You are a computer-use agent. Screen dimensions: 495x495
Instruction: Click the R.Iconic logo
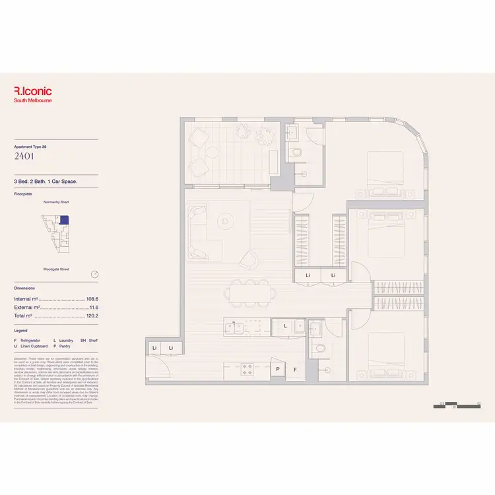pos(33,92)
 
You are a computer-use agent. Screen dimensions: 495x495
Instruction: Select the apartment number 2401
pos(24,156)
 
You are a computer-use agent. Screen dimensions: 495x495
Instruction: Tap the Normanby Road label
pos(55,202)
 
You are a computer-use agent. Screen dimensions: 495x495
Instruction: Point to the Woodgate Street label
pos(57,269)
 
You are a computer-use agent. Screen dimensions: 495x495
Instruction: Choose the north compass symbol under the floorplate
pos(95,274)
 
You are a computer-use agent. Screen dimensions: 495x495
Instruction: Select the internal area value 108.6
pos(92,299)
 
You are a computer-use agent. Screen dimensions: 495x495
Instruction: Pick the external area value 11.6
pos(93,308)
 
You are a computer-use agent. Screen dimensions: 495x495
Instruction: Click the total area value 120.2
pos(92,316)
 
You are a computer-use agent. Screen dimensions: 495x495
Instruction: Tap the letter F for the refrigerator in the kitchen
pos(295,370)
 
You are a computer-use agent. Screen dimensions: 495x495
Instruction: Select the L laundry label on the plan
pos(284,326)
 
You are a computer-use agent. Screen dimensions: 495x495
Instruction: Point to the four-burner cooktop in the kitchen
pos(249,368)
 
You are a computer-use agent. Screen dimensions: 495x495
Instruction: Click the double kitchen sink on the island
pos(253,326)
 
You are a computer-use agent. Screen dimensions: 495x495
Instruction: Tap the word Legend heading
pos(22,330)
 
